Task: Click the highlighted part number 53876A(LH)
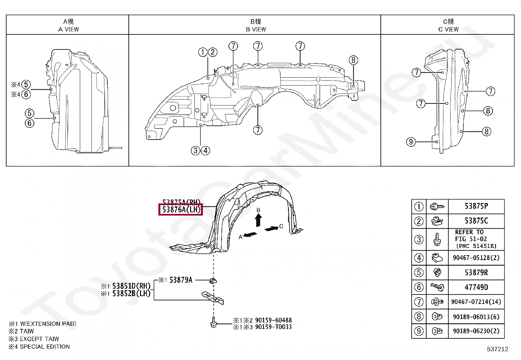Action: pyautogui.click(x=181, y=209)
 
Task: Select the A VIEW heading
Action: pyautogui.click(x=68, y=29)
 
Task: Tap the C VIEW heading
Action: pyautogui.click(x=448, y=29)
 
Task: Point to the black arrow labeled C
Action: pyautogui.click(x=271, y=228)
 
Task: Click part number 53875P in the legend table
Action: pyautogui.click(x=476, y=206)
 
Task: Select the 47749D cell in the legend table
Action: pyautogui.click(x=476, y=287)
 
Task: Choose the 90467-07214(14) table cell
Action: pyautogui.click(x=476, y=302)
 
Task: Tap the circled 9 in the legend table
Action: pyautogui.click(x=419, y=331)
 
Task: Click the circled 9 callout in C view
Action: pyautogui.click(x=411, y=142)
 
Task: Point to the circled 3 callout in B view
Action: pyautogui.click(x=195, y=151)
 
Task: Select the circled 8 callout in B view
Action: pyautogui.click(x=353, y=60)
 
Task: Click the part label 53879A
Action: pyautogui.click(x=181, y=280)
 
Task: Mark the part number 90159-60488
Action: pyautogui.click(x=273, y=320)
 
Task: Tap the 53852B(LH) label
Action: pyautogui.click(x=131, y=294)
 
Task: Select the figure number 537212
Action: pyautogui.click(x=497, y=349)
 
